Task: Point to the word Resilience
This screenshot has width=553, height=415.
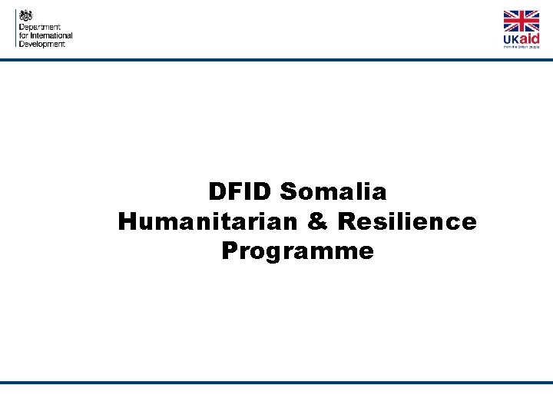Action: click(x=406, y=221)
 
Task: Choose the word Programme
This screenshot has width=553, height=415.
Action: click(x=297, y=251)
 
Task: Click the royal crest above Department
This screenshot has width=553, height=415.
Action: click(x=27, y=15)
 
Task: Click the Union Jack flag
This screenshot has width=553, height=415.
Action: click(x=522, y=22)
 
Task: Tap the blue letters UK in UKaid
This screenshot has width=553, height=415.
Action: click(x=512, y=39)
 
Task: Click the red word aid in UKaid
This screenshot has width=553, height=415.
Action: click(x=530, y=38)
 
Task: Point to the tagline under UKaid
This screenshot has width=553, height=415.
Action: click(x=522, y=47)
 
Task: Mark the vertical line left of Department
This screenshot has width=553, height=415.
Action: click(x=15, y=28)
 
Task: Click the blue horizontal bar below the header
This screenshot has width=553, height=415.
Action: click(x=276, y=59)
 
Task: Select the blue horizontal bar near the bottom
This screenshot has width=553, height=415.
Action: click(x=276, y=382)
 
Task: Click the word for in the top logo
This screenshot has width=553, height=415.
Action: click(x=23, y=35)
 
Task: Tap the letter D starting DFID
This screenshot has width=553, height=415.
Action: click(x=217, y=191)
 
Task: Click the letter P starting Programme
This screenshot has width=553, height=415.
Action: click(x=230, y=251)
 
